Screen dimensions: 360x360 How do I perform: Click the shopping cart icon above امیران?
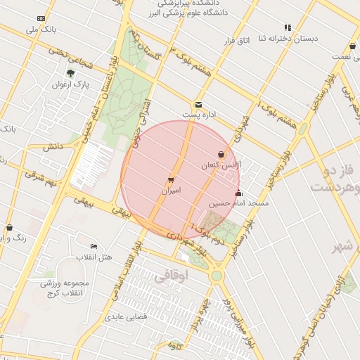click(x=171, y=179)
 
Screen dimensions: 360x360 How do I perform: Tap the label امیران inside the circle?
click(x=171, y=191)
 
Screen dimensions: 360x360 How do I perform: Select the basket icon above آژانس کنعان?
click(x=221, y=154)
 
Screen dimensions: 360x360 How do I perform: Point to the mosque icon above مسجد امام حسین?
click(x=238, y=193)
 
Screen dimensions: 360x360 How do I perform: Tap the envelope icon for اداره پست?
click(x=199, y=104)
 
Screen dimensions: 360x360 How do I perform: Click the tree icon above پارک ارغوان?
click(x=70, y=72)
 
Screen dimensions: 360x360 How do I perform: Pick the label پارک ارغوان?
click(x=69, y=84)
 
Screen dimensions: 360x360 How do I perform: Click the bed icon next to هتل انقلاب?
click(x=95, y=246)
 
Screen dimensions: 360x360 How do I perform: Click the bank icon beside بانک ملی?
click(x=41, y=18)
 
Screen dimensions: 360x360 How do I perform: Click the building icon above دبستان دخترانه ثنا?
click(x=287, y=27)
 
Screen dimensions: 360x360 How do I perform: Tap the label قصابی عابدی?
click(x=126, y=317)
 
